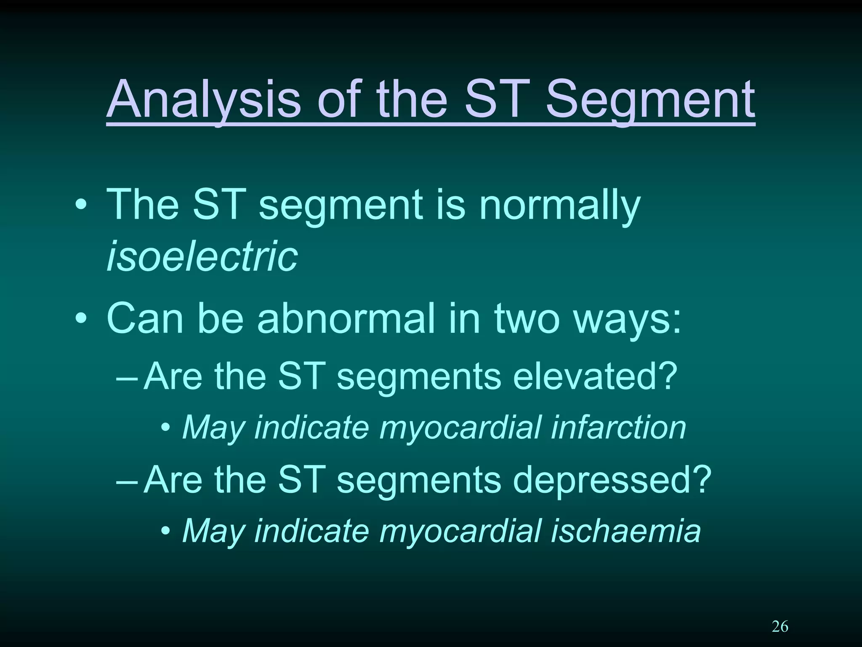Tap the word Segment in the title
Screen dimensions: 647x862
coord(650,100)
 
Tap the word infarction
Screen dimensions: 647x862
coord(618,428)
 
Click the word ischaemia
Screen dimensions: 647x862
coord(625,531)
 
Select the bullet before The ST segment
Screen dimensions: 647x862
coord(81,206)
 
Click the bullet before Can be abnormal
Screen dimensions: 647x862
coord(81,319)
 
